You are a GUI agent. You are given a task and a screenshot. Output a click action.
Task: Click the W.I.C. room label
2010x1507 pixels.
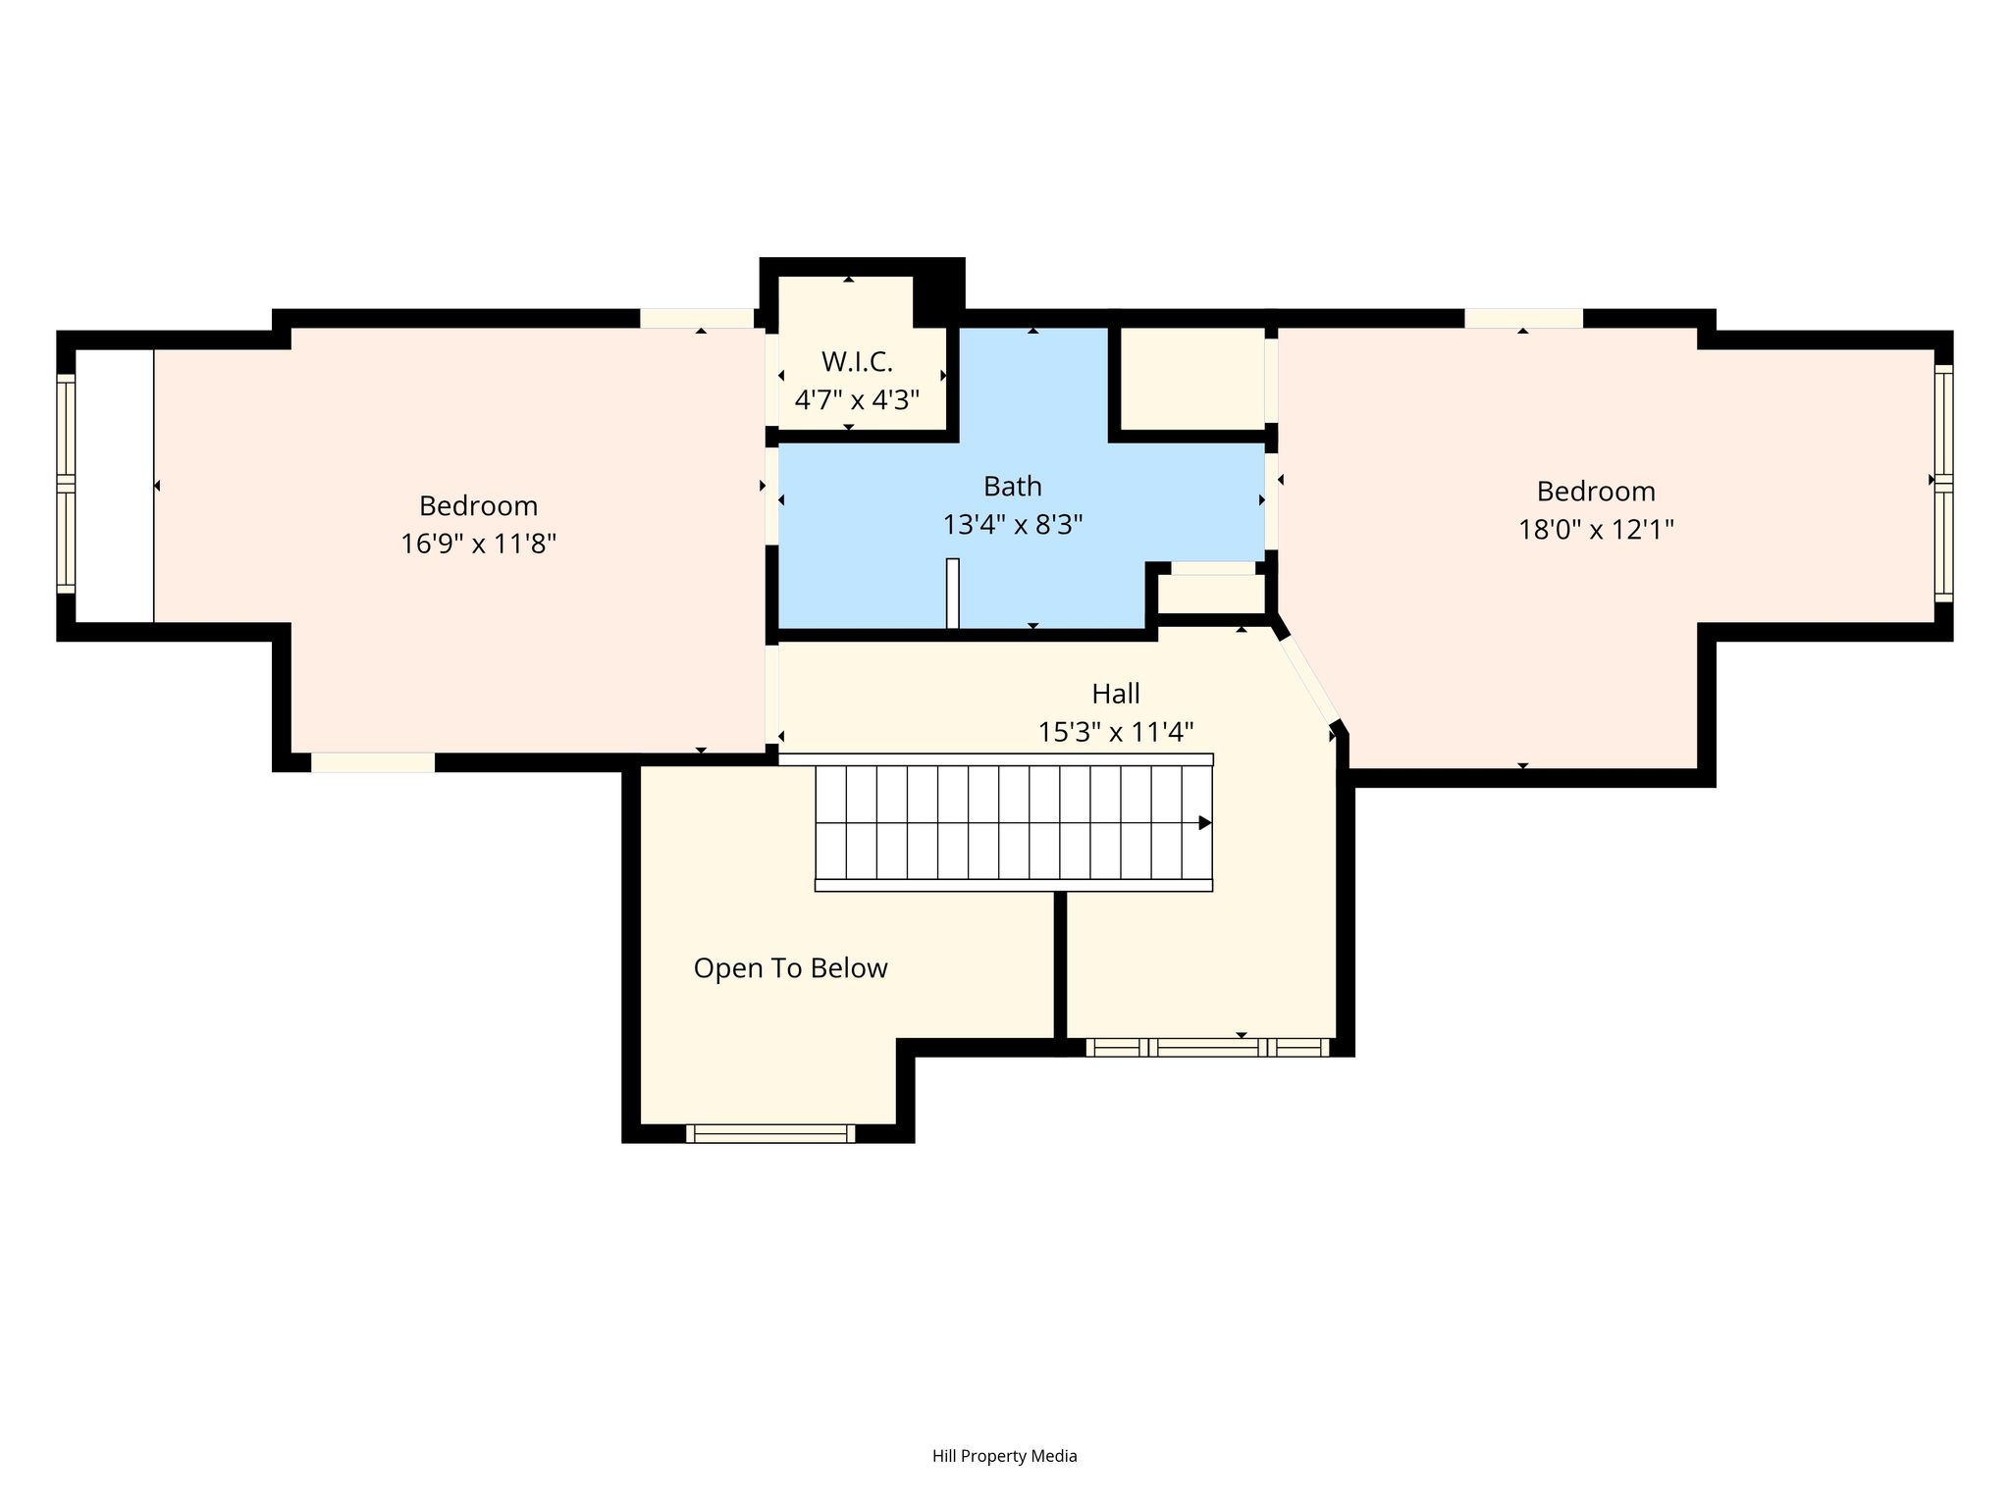(857, 362)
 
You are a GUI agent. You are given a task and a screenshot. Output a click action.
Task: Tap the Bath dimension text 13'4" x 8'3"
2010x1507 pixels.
(1013, 525)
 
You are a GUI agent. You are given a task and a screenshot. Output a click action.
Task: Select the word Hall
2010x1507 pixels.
(1116, 694)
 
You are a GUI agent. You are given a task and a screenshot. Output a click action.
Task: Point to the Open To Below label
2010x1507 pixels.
(790, 968)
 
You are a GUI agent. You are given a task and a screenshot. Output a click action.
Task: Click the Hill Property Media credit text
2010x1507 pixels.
(1005, 1456)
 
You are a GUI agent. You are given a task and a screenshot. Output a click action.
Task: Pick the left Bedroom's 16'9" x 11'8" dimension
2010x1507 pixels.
(478, 544)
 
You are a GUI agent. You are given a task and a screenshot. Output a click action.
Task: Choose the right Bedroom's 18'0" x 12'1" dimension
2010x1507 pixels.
(1596, 530)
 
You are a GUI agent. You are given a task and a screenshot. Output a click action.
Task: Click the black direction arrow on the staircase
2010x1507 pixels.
(1205, 823)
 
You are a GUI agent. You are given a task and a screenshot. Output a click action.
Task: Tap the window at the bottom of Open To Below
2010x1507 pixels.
(770, 1134)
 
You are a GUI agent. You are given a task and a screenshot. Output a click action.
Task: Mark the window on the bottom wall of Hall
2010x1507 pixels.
(1207, 1047)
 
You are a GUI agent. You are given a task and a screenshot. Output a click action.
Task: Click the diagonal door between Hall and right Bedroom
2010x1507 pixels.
(1307, 677)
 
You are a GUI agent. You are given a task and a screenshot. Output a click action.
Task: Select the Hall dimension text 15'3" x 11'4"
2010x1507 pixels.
(1116, 732)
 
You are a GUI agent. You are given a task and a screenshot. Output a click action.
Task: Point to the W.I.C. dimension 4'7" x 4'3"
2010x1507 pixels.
(857, 400)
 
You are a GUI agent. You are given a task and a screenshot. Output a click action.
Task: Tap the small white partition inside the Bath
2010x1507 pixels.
(952, 593)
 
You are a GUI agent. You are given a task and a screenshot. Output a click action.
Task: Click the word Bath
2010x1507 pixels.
(1013, 487)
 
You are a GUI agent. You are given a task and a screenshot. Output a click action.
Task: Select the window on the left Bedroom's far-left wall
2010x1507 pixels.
(66, 485)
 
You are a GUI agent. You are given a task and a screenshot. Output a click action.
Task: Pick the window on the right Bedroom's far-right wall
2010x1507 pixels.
(1944, 483)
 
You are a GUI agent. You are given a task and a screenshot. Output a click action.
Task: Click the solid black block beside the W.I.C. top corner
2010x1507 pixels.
(938, 292)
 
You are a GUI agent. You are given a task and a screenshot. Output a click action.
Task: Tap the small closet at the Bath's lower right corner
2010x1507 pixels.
(1213, 593)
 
